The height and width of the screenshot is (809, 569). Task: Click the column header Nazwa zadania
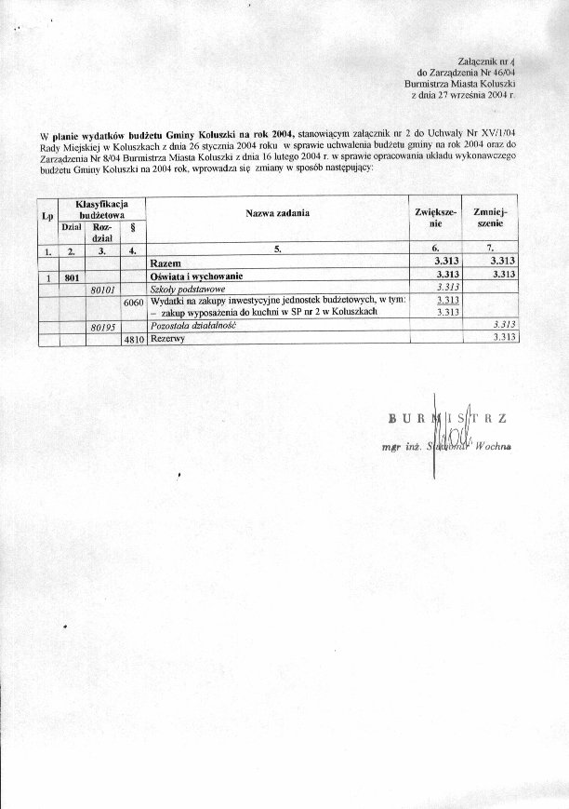(277, 214)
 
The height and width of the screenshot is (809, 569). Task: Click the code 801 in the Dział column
(72, 276)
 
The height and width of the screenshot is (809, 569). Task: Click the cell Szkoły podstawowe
(182, 290)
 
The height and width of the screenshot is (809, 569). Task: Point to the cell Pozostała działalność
(192, 327)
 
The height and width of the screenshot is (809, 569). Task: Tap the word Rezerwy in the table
(167, 340)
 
